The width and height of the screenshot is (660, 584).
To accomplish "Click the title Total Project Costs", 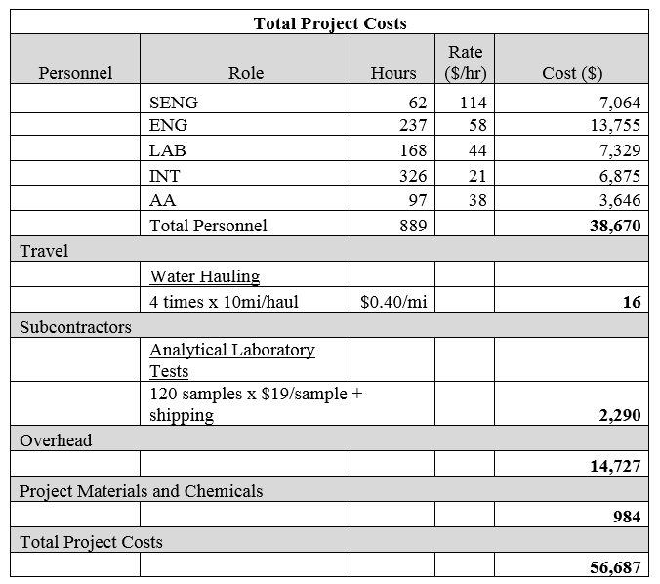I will click(x=330, y=22).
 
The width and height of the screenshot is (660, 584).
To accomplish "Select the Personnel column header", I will click(x=75, y=73).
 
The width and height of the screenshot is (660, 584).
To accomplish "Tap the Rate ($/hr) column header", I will click(x=464, y=62).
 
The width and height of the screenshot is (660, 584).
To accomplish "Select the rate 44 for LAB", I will click(x=477, y=150).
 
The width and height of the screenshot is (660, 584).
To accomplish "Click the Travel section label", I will click(x=44, y=251).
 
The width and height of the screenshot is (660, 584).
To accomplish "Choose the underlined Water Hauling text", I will click(x=204, y=276).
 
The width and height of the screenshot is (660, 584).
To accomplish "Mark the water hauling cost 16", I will click(x=631, y=302).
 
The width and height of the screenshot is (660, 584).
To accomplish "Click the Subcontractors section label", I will click(x=75, y=326).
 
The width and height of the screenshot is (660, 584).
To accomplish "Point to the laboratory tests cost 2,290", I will click(x=619, y=415).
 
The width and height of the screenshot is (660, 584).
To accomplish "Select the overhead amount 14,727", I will click(x=615, y=466).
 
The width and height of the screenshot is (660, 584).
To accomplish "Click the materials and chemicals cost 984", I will click(x=626, y=517).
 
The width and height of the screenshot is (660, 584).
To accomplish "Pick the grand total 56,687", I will click(x=615, y=567).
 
